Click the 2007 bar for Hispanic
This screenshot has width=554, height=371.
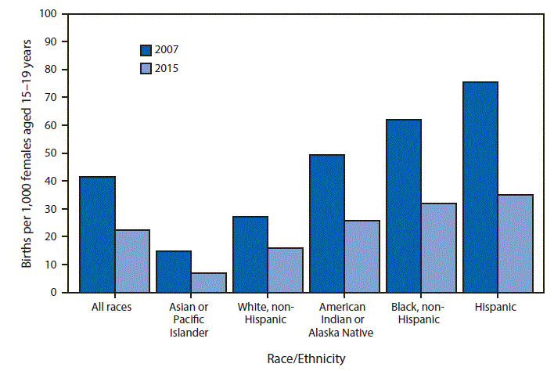pyautogui.click(x=479, y=187)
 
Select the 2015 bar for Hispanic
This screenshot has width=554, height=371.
pyautogui.click(x=515, y=243)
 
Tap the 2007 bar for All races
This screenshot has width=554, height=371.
pyautogui.click(x=97, y=235)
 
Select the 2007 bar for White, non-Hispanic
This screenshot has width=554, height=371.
pyautogui.click(x=250, y=254)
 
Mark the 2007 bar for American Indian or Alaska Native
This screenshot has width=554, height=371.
pyautogui.click(x=326, y=224)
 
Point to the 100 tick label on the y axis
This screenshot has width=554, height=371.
pyautogui.click(x=49, y=14)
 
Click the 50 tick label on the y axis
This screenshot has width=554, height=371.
pyautogui.click(x=52, y=153)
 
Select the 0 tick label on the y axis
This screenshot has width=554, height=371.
pyautogui.click(x=55, y=293)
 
